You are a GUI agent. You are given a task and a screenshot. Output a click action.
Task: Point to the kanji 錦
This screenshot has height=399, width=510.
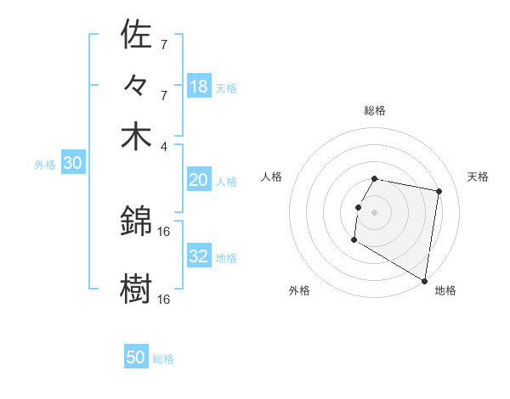tap(136, 221)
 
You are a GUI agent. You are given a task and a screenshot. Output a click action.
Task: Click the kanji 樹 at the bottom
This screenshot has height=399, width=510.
tap(136, 289)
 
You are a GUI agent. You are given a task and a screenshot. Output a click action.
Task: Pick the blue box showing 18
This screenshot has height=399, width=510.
tap(199, 87)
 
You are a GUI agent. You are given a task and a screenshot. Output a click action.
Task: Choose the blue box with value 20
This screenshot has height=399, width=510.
tap(199, 180)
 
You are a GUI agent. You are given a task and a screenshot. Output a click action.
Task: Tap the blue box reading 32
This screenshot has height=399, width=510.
tap(199, 256)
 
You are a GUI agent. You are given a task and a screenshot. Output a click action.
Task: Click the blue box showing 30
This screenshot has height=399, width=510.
tap(72, 164)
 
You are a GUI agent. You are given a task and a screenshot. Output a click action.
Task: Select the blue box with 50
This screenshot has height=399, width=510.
tap(136, 357)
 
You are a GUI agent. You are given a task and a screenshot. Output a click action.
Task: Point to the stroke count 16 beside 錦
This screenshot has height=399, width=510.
tap(164, 231)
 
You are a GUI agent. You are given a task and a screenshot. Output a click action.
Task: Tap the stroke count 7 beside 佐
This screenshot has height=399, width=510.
tap(164, 44)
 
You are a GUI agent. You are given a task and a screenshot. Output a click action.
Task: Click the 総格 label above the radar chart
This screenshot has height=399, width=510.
tap(374, 110)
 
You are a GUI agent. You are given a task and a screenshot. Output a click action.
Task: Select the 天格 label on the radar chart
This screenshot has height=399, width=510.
tap(478, 177)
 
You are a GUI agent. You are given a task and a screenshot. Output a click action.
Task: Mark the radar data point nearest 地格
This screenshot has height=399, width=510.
tap(425, 281)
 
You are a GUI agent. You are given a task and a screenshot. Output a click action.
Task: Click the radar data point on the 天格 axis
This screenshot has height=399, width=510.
tap(439, 192)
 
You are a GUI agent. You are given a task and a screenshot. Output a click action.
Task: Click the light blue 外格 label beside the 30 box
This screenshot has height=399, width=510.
tap(44, 165)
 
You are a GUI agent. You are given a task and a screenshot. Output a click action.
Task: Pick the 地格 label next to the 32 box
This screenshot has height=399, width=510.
tap(227, 257)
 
